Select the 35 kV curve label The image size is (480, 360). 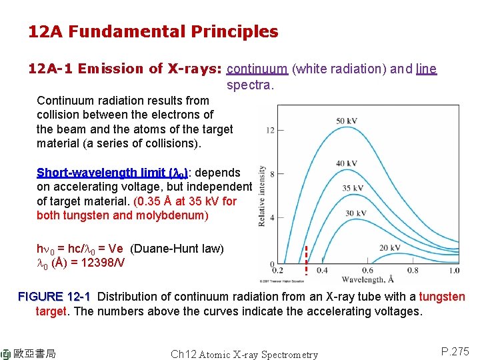click(x=352, y=189)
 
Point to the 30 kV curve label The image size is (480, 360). click(x=356, y=213)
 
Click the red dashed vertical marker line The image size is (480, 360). click(x=305, y=261)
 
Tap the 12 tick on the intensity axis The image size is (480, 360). click(x=270, y=130)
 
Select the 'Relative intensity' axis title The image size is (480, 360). click(x=262, y=196)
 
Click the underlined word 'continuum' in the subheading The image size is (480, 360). click(x=257, y=69)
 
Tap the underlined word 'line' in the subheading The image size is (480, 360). click(x=426, y=69)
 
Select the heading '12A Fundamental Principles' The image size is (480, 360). click(x=153, y=31)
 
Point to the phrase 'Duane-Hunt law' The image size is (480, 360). click(x=177, y=249)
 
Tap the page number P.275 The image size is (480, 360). click(x=455, y=351)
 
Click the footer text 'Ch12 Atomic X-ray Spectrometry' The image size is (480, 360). click(x=244, y=355)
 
